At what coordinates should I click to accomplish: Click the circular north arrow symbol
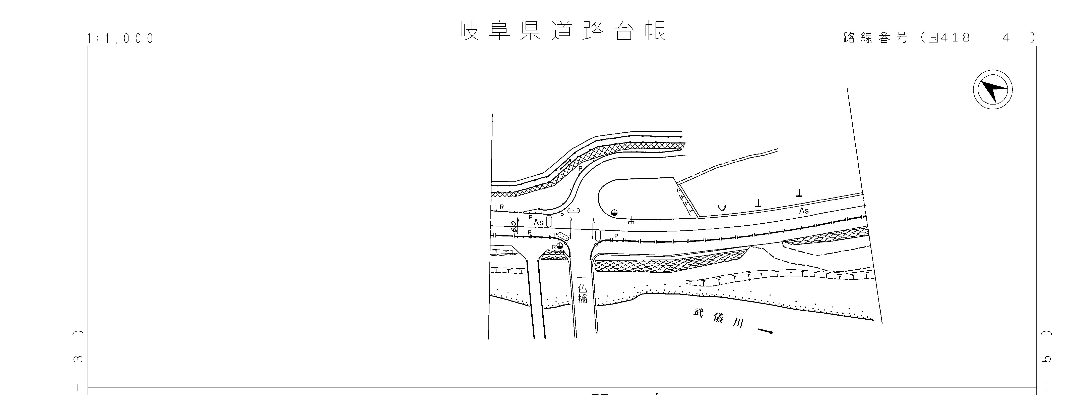coord(992,90)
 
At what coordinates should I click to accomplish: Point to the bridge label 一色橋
coord(582,289)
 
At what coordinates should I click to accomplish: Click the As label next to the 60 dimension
coord(539,222)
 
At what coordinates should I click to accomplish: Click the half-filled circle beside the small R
coord(560,245)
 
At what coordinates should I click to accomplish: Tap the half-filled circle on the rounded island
coord(614,212)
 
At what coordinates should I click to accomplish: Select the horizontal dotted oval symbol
coord(574,211)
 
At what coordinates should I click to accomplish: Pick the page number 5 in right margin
coord(1046,359)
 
